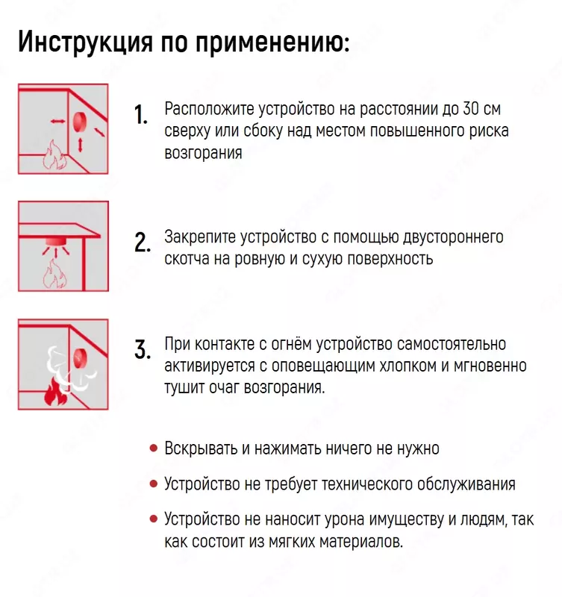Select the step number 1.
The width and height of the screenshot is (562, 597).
[x=140, y=116]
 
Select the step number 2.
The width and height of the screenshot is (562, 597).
[x=143, y=243]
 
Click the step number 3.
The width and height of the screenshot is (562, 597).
[x=143, y=349]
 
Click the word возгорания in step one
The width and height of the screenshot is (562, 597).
[x=203, y=153]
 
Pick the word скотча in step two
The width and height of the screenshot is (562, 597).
[x=187, y=259]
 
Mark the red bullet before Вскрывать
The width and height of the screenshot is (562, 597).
[x=153, y=448]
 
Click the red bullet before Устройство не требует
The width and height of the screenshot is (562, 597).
[x=153, y=484]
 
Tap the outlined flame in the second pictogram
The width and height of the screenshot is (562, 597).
[x=53, y=273]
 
